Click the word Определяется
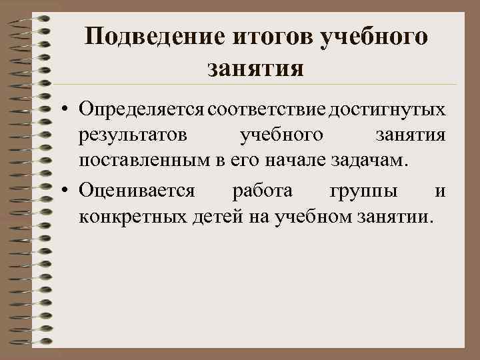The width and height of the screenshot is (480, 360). tap(141, 109)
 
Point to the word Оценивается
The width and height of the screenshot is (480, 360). tap(136, 191)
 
